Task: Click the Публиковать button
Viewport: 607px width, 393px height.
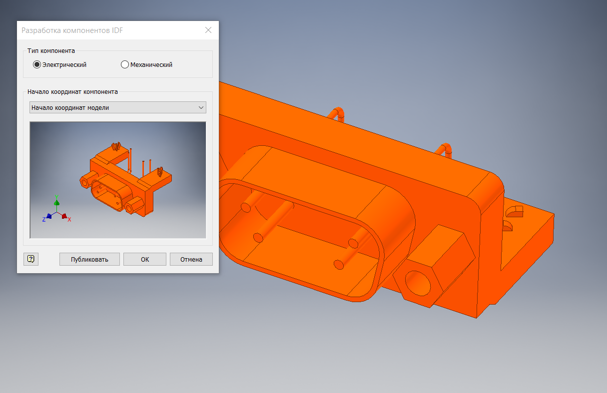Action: pyautogui.click(x=89, y=259)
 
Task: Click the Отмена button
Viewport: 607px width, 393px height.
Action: pyautogui.click(x=191, y=259)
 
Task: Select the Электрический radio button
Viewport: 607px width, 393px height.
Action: pyautogui.click(x=37, y=64)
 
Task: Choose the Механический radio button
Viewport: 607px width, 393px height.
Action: pyautogui.click(x=125, y=64)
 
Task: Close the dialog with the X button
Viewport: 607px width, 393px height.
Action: pyautogui.click(x=209, y=30)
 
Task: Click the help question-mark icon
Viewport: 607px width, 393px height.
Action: pyautogui.click(x=31, y=259)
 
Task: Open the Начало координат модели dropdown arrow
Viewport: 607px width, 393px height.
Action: pyautogui.click(x=201, y=107)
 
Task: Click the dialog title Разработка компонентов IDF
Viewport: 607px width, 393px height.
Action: pyautogui.click(x=72, y=30)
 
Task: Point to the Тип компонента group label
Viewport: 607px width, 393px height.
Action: pyautogui.click(x=51, y=50)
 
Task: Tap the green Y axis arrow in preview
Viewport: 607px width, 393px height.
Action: pyautogui.click(x=56, y=200)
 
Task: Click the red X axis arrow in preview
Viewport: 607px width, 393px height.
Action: pyautogui.click(x=65, y=216)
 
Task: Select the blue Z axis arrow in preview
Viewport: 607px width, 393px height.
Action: pyautogui.click(x=48, y=217)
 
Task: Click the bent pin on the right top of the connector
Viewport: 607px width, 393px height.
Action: pyautogui.click(x=445, y=149)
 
